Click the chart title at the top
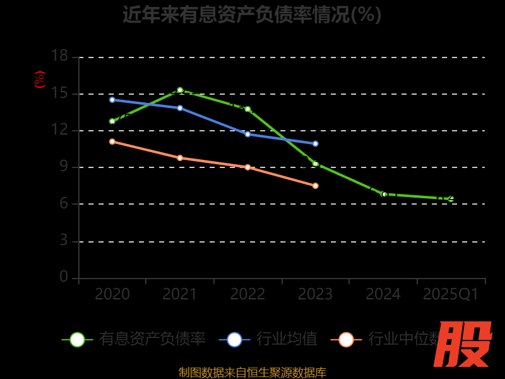tap(252, 15)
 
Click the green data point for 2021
tap(180, 90)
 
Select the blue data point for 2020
tap(112, 100)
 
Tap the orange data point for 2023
tap(316, 186)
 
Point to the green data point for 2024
tap(383, 194)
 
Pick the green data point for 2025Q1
tap(451, 199)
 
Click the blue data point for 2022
tap(247, 134)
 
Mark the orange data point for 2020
tap(112, 141)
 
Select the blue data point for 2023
tap(316, 143)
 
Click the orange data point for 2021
tap(180, 158)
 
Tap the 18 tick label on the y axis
tap(59, 56)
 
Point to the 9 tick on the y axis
tap(64, 167)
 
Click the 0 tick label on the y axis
tap(64, 277)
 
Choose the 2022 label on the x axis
tap(247, 294)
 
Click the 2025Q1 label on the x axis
tap(451, 294)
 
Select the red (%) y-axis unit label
tap(40, 80)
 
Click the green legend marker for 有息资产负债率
tap(77, 339)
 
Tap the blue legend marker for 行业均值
tap(234, 339)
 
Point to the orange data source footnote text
tap(252, 372)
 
